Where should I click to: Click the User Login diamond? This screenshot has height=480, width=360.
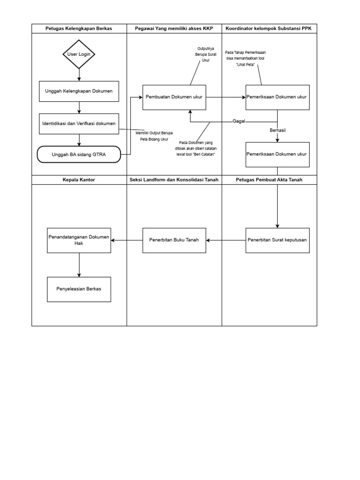click(79, 54)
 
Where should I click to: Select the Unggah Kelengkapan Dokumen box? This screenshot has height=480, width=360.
click(79, 91)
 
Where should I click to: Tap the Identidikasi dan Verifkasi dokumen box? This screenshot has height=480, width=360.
click(79, 124)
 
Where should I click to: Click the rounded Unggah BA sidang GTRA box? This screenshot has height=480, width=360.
click(79, 154)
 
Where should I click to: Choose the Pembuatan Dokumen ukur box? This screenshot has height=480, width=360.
click(174, 97)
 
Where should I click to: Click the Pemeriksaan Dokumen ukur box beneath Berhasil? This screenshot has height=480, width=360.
click(277, 154)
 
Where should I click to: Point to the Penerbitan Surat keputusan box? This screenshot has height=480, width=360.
click(277, 240)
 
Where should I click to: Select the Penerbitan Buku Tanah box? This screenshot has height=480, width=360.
click(174, 240)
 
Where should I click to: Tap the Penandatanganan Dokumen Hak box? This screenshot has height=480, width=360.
click(79, 240)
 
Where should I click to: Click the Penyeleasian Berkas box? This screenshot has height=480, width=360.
click(79, 289)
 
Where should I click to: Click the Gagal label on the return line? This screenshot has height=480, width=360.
click(239, 121)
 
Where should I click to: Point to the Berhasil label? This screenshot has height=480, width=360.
click(277, 130)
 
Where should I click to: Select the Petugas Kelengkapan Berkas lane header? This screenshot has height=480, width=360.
click(79, 29)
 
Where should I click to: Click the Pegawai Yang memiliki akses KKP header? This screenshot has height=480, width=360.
click(174, 29)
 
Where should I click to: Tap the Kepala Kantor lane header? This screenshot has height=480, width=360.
click(79, 180)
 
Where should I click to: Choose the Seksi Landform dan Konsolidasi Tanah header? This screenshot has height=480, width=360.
click(174, 180)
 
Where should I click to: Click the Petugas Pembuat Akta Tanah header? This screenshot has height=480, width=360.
click(270, 180)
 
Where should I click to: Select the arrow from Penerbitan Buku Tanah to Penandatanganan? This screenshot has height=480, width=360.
click(127, 240)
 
